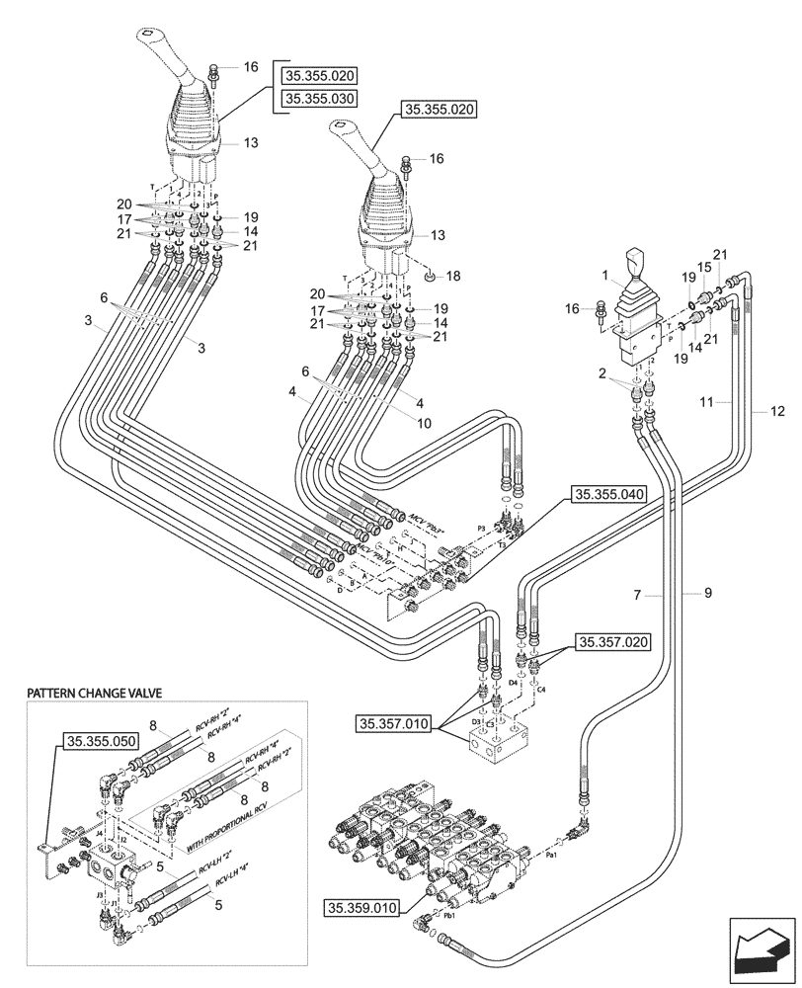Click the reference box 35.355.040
pyautogui.click(x=607, y=495)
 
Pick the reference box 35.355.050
pyautogui.click(x=102, y=741)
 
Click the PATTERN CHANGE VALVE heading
pyautogui.click(x=94, y=695)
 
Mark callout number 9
pyautogui.click(x=707, y=594)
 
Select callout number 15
pyautogui.click(x=703, y=268)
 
